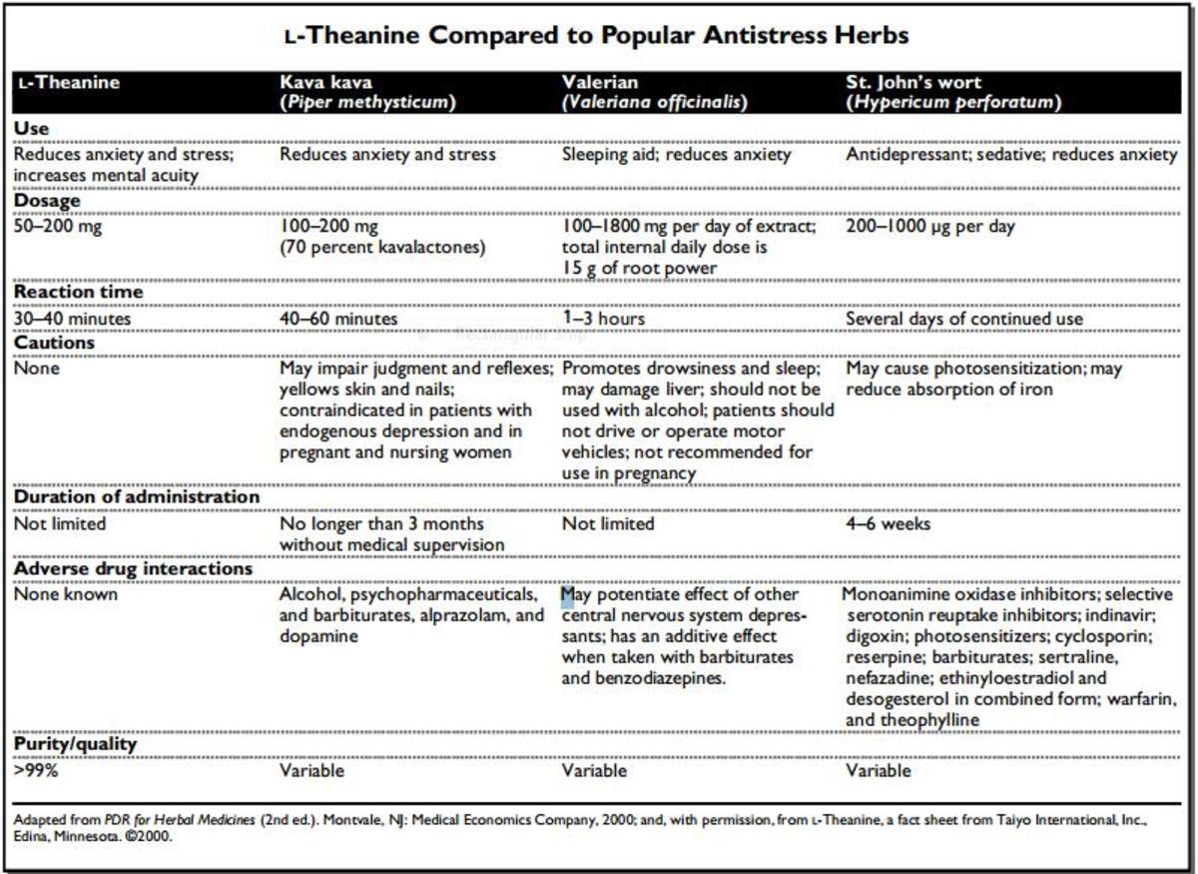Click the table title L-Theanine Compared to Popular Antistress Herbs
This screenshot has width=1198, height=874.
597,37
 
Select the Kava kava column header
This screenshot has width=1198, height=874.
367,92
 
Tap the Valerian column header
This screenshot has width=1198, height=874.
654,92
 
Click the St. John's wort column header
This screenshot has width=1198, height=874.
952,92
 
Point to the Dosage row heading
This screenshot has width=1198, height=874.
47,201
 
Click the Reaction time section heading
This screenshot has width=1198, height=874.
78,293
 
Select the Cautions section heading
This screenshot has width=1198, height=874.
54,343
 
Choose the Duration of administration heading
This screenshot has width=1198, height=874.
136,496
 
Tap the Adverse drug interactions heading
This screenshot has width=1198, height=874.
132,568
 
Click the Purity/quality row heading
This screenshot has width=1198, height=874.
75,744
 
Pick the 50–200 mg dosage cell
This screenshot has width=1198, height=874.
58,227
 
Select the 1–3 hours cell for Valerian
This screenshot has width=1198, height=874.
603,319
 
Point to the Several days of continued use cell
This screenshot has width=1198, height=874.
964,319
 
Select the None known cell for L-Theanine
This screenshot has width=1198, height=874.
65,594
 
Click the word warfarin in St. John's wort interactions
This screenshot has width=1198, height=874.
1135,699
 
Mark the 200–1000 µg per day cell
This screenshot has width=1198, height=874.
930,227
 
